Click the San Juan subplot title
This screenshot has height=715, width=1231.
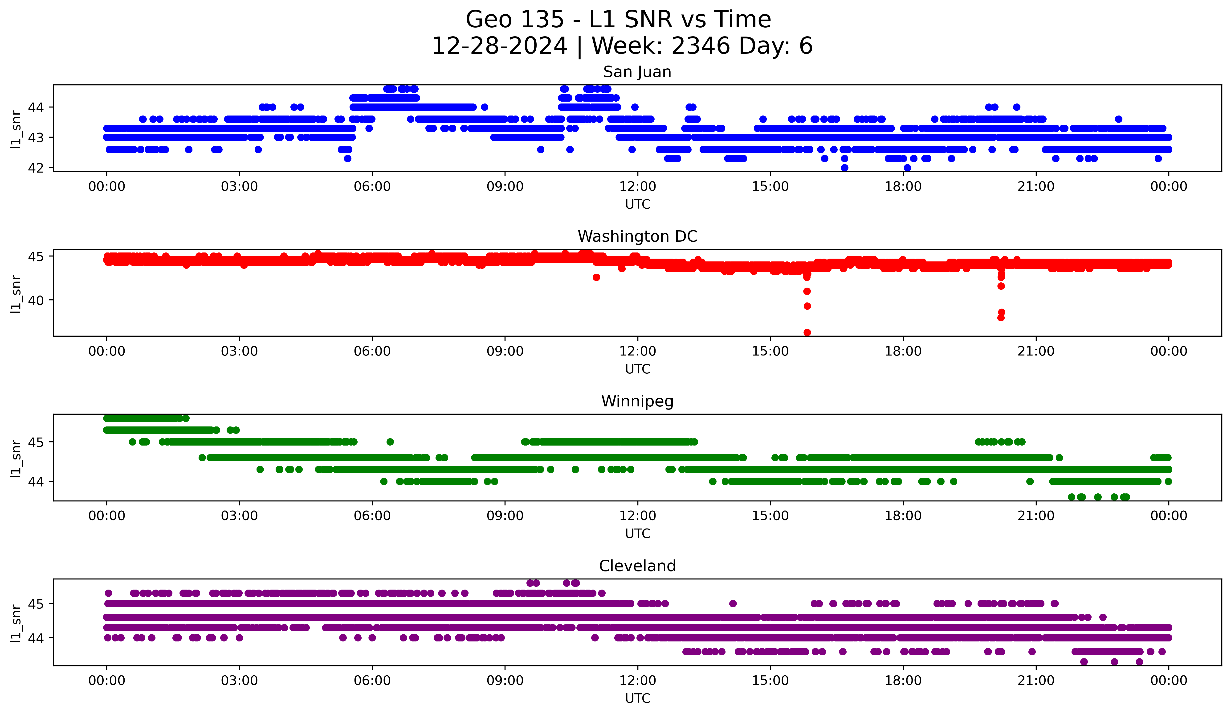637,72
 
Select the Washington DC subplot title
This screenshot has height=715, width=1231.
637,236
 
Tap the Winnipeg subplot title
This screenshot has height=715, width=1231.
637,401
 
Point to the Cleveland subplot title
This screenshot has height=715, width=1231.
637,566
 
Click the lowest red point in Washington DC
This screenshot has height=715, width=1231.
807,332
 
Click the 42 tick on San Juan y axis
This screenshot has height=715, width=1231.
35,168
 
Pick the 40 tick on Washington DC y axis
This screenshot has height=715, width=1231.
35,300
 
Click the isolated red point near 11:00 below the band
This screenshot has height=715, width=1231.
596,277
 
